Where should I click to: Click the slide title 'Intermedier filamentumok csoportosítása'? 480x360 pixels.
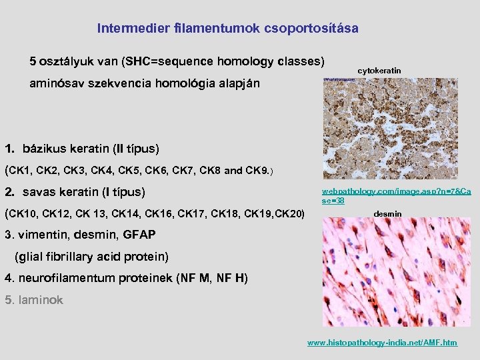point(227,29)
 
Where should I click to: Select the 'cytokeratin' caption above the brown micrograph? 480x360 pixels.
point(379,70)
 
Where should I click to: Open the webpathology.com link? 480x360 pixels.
point(396,195)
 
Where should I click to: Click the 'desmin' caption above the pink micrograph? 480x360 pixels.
point(387,214)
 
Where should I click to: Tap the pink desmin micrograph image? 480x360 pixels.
point(396,273)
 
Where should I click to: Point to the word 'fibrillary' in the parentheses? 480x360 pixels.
point(73,256)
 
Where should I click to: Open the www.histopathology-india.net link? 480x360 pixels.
point(382,342)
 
